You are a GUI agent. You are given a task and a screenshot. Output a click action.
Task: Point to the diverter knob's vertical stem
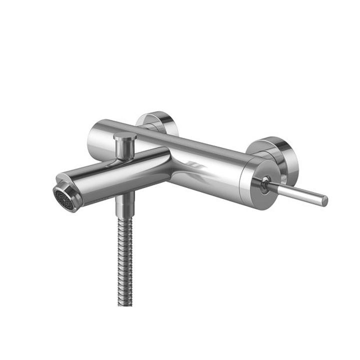(123, 148)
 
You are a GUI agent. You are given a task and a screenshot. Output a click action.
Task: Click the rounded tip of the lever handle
(324, 201)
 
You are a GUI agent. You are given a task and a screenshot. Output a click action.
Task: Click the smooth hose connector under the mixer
(125, 205)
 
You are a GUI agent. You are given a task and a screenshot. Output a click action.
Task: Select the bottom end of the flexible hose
(123, 302)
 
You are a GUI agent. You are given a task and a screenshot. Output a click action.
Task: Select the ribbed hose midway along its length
(124, 260)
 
